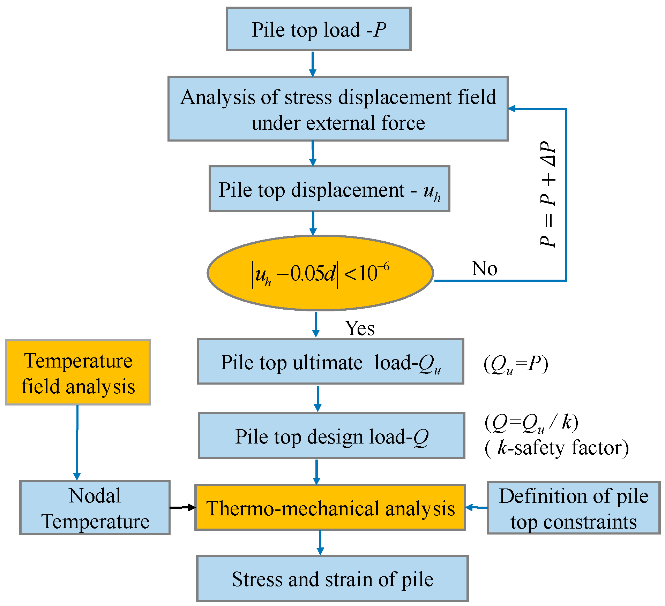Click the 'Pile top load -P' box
[x=318, y=29]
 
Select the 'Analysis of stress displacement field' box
[x=338, y=109]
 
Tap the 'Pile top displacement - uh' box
[x=329, y=189]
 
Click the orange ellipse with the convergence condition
[x=320, y=273]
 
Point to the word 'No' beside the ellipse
[x=484, y=268]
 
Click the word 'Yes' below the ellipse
[x=360, y=328]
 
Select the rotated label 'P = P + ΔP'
[x=547, y=194]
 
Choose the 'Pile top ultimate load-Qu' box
[x=330, y=361]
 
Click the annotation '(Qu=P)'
[x=516, y=365]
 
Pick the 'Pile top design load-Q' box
[x=331, y=436]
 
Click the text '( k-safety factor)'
[x=556, y=448]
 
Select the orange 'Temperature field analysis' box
[x=78, y=372]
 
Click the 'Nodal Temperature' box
[x=95, y=508]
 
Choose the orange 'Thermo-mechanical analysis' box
[x=330, y=508]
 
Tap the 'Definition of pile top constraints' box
[x=573, y=508]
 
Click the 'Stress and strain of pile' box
[x=332, y=579]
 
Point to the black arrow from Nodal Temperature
[x=182, y=507]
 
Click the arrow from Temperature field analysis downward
[x=77, y=443]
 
